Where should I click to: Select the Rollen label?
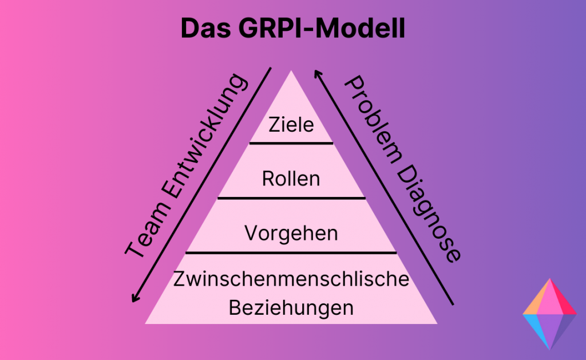tap(291, 179)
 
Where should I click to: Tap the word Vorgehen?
tap(291, 233)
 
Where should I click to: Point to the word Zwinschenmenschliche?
tap(291, 280)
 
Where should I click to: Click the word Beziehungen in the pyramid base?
tap(291, 308)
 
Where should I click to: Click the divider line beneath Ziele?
tap(291, 143)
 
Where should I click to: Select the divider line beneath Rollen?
tap(291, 198)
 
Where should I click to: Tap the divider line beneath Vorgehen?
tap(291, 252)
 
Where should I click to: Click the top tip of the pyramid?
tap(291, 73)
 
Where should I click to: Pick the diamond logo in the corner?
tap(549, 314)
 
